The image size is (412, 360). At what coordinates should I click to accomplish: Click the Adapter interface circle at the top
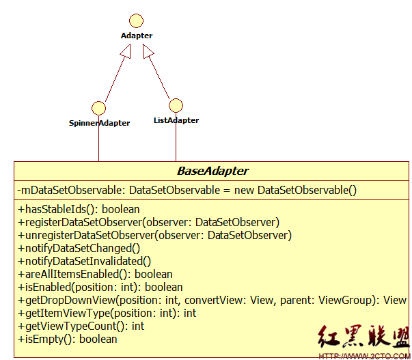(137, 20)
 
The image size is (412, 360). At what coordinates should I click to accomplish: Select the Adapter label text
(137, 36)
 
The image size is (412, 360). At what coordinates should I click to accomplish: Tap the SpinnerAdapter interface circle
(98, 108)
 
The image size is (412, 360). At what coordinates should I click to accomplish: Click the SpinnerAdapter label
(99, 124)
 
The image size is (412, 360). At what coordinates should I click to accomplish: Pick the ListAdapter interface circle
(176, 105)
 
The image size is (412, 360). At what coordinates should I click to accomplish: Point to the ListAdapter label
(176, 120)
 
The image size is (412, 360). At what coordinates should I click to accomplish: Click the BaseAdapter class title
(212, 171)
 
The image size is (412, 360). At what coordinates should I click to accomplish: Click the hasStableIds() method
(79, 209)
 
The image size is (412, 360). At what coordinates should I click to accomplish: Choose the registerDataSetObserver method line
(148, 222)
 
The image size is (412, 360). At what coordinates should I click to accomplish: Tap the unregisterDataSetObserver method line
(154, 235)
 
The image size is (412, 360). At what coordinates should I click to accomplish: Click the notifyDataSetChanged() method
(79, 248)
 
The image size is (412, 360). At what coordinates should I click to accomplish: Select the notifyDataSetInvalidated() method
(84, 261)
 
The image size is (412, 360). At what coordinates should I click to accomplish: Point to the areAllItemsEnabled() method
(95, 274)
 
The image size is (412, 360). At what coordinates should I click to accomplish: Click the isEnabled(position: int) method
(100, 287)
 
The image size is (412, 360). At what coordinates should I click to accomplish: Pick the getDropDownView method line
(212, 300)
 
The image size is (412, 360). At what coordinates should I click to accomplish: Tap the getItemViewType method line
(107, 313)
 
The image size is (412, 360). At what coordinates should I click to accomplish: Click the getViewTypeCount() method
(81, 326)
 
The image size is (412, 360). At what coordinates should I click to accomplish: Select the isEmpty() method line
(67, 339)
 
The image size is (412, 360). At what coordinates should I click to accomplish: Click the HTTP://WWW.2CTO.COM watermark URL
(364, 355)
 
